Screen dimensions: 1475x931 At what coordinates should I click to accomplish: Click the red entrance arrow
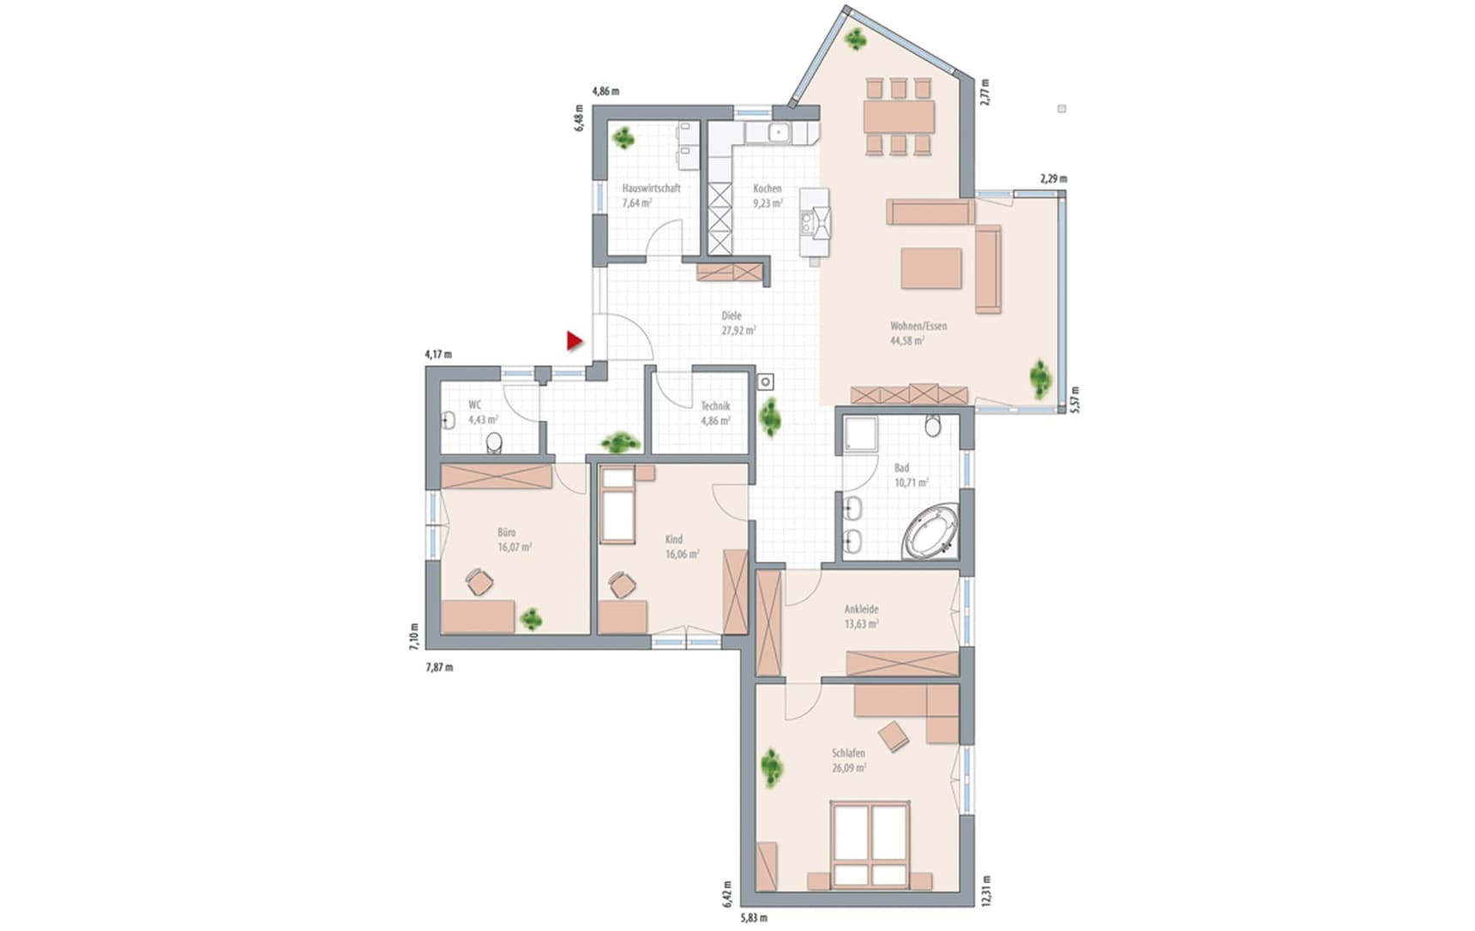coord(574,341)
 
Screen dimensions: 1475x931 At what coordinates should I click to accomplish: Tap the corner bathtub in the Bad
coord(932,532)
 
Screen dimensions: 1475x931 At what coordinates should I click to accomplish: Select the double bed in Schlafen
coord(871,844)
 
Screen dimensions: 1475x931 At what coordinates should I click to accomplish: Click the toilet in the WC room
coord(494,442)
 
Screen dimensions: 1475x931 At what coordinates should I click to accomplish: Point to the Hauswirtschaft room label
coord(651,188)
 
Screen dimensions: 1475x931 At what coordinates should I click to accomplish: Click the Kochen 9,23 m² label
coord(768,195)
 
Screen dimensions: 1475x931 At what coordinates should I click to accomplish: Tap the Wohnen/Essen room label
coord(918,326)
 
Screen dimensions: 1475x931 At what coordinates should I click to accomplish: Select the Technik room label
coord(715,405)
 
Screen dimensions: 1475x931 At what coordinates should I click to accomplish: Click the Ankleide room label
coord(861,610)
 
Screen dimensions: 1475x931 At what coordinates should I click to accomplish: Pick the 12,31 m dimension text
coord(986,890)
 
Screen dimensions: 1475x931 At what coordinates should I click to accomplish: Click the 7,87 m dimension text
coord(439,667)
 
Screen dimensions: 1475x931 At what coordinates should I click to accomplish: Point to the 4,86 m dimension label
coord(605,91)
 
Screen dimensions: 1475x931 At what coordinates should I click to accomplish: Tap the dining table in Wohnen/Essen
coord(899,116)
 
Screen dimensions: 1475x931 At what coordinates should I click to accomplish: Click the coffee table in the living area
coord(931,267)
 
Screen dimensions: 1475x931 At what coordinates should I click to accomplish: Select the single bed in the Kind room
coord(617,505)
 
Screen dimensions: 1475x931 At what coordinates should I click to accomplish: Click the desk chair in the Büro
coord(479,581)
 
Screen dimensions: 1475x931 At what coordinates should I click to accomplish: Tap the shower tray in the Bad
coord(859,434)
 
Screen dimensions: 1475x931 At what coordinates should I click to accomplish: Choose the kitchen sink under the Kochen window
coord(779,132)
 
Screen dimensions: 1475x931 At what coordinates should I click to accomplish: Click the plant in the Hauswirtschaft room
coord(623,137)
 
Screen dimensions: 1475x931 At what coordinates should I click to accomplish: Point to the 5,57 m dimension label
coord(1075,399)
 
